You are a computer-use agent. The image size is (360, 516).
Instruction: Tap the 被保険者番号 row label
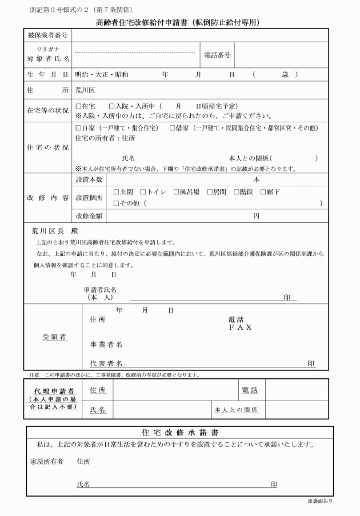click(47, 35)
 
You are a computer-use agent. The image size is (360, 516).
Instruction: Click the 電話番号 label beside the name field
click(217, 55)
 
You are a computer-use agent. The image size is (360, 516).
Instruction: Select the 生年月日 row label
click(47, 75)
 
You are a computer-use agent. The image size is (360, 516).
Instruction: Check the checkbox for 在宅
click(78, 106)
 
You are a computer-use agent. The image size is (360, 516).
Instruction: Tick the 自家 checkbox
click(78, 127)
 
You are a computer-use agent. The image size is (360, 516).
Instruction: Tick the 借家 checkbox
click(172, 127)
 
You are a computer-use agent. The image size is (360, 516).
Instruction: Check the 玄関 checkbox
click(116, 192)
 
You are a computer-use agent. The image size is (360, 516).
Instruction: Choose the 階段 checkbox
click(236, 192)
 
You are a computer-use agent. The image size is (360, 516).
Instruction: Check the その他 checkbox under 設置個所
click(116, 203)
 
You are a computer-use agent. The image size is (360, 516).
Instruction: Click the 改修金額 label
click(90, 217)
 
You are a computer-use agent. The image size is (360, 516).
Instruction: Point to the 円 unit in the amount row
click(257, 217)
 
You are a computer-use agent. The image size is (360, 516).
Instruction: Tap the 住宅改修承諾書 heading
click(179, 432)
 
